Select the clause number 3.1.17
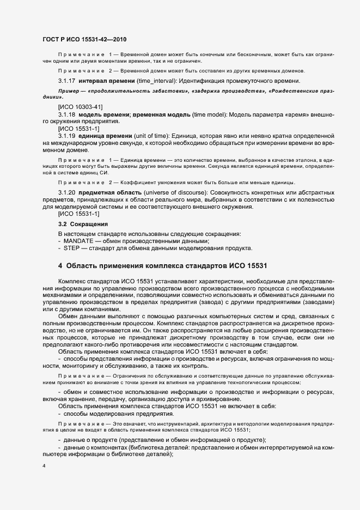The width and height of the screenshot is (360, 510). point(68,81)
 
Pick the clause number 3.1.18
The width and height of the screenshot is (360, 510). point(68,115)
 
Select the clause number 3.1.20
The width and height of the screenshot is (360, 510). point(68,193)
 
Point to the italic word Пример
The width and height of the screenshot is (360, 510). point(69,90)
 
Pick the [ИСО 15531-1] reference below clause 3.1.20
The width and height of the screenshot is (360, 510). point(78,214)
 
